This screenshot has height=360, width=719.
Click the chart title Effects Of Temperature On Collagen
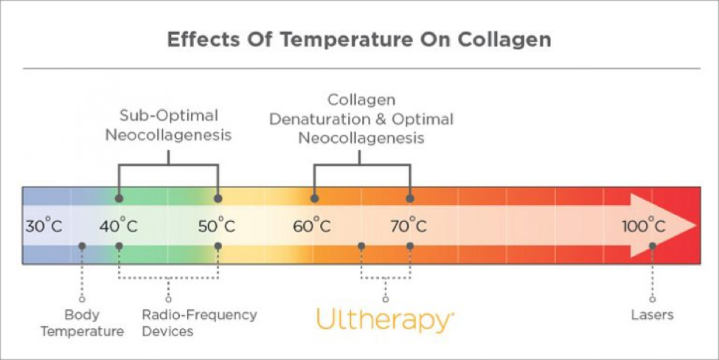pos(359,39)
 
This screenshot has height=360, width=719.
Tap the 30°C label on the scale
pos(44,226)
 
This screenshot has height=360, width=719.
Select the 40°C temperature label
pos(118,226)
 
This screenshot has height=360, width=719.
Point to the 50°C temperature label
pos(217,226)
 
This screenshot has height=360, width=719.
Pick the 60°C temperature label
pos(312,226)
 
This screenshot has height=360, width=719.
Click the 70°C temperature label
pos(409,226)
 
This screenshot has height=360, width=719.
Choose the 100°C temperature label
pos(644,226)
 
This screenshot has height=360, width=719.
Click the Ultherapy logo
pos(385,320)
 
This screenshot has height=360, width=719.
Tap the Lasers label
pos(653,315)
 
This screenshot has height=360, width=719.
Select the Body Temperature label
pos(82,323)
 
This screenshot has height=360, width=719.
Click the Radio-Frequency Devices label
pos(199,323)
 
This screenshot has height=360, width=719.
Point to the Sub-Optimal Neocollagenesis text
pos(169,125)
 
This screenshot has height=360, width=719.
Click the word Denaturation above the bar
pos(319,120)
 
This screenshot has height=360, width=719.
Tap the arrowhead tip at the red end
pos(696,225)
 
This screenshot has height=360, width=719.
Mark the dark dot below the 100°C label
pos(653,246)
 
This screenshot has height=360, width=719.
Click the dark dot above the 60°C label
pos(314,198)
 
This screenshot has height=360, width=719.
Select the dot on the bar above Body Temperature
pos(82,246)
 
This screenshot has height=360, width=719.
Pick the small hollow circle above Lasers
pos(653,300)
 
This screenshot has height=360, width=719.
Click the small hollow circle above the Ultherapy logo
pos(386,300)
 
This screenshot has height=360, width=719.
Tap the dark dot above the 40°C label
pos(119,198)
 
